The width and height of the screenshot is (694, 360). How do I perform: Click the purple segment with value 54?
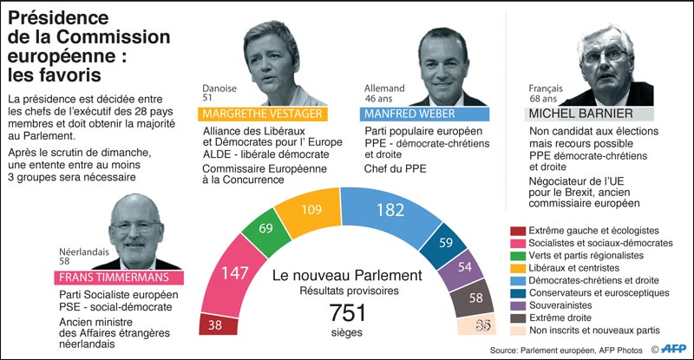coord(464,267)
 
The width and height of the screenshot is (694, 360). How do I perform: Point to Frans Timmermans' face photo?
coord(130,229)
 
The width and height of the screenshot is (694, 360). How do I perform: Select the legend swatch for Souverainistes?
coord(518,305)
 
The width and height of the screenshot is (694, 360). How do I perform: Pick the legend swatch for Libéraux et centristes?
coord(518,268)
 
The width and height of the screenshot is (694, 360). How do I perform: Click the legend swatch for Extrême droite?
coord(518,317)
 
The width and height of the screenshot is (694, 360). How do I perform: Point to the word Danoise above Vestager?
coord(219,88)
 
